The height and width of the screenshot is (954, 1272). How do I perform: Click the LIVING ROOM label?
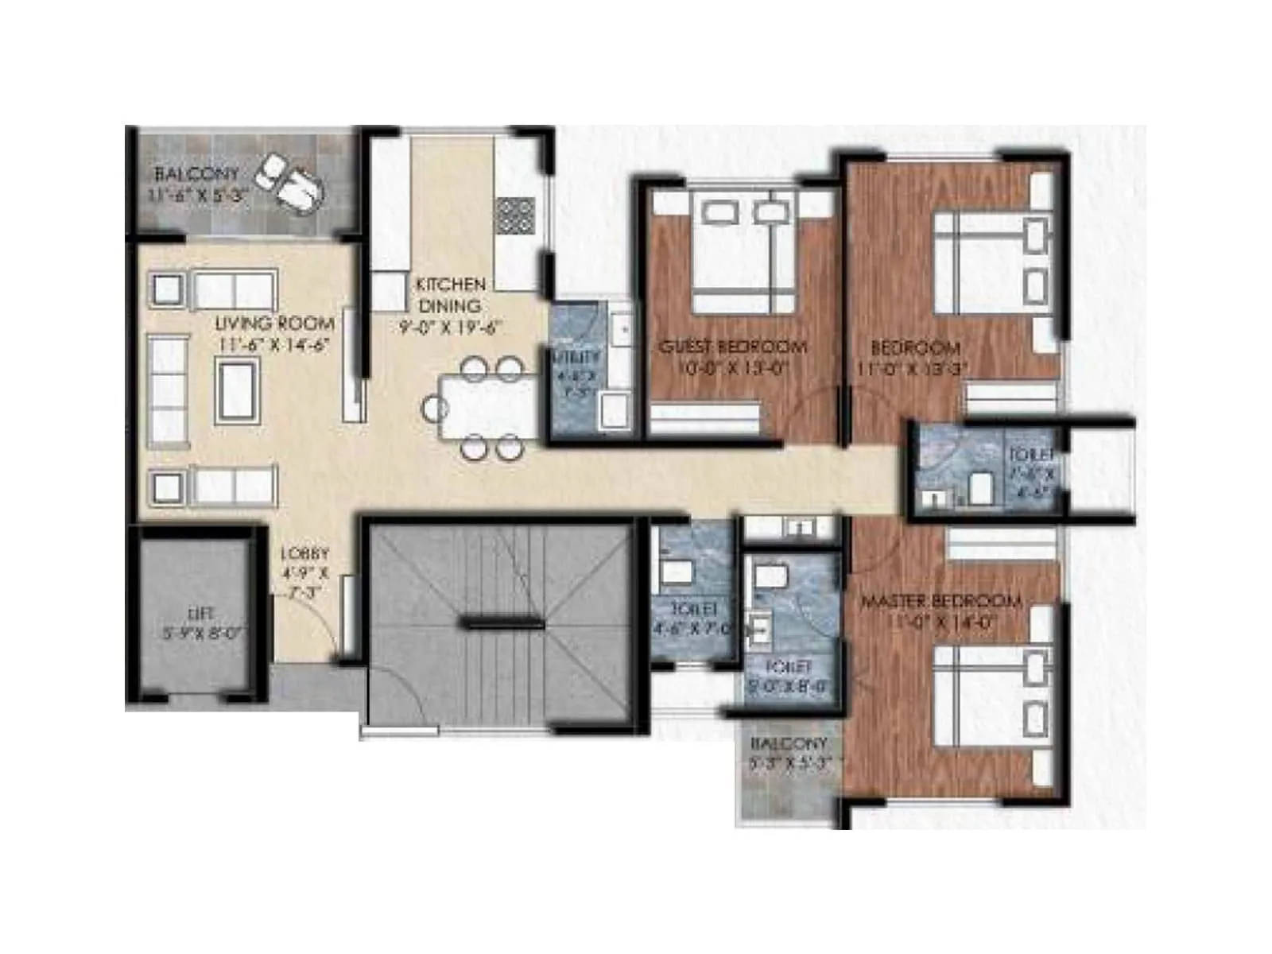(274, 324)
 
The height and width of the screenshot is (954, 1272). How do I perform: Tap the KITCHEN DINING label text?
(450, 295)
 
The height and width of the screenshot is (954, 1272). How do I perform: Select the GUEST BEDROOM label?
(732, 347)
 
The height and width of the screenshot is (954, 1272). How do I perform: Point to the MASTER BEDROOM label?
(941, 601)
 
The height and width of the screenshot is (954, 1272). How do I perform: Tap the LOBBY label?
(304, 554)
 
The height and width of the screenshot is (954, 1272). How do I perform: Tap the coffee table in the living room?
(238, 389)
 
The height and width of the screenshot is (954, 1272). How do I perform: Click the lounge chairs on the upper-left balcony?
(293, 181)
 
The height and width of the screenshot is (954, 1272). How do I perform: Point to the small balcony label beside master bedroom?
(789, 744)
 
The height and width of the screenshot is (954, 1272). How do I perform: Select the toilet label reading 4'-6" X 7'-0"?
(690, 628)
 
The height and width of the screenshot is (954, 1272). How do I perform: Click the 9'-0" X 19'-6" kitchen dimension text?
(449, 327)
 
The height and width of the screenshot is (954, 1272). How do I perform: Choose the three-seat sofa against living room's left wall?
(168, 387)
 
